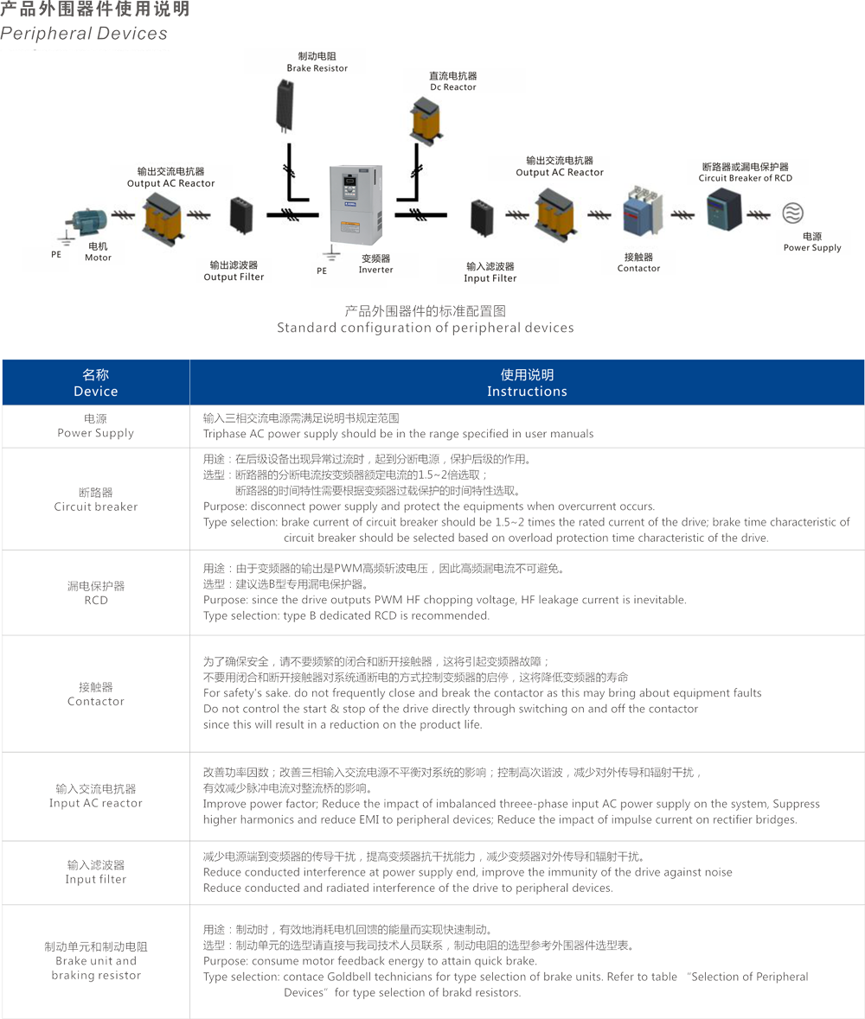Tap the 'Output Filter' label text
(234, 277)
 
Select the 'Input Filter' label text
(490, 278)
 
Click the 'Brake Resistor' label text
(317, 67)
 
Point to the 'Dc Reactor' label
(453, 87)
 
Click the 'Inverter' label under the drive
(375, 270)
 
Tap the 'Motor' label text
(98, 258)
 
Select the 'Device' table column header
(95, 392)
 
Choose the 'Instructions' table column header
(527, 392)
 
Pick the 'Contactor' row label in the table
(95, 701)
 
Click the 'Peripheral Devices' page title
(84, 35)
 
